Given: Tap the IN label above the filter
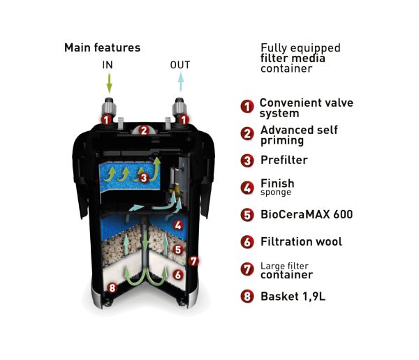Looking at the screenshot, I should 108,66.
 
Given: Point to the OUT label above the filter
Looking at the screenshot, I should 179,66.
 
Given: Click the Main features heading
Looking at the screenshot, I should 102,48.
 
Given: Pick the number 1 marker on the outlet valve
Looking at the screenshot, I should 183,120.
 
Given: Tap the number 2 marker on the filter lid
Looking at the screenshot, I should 143,130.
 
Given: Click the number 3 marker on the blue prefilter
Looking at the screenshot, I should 143,178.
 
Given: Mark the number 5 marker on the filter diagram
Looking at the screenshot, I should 177,249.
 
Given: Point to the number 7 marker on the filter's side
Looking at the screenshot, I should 194,261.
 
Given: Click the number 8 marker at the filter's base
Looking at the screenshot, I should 112,287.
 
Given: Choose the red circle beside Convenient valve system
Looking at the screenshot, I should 247,107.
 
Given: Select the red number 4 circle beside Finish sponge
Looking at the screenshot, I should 247,188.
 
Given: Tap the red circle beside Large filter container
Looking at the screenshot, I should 247,269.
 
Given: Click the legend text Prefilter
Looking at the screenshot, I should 284,160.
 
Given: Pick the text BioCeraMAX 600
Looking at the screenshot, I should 307,215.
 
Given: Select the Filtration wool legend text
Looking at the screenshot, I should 301,242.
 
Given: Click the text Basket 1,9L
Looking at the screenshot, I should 293,297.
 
